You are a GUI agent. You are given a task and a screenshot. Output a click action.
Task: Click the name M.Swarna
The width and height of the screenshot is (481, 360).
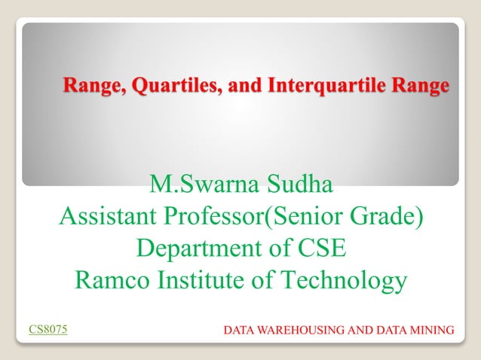tap(201, 184)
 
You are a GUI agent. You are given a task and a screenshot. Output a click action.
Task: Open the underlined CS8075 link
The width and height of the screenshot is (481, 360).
tap(47, 329)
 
